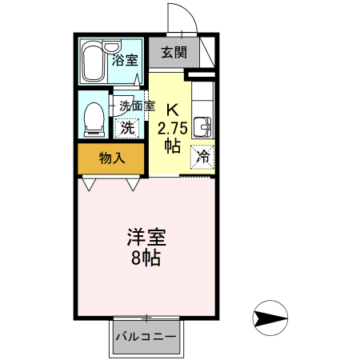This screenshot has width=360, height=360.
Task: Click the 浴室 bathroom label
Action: coord(125,59)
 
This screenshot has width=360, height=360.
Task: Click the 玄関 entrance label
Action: coord(173,53)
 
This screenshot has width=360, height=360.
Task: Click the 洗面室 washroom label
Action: coord(137,105)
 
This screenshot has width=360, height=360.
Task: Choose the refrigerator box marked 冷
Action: coord(203,157)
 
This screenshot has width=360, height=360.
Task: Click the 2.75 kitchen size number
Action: coord(173,128)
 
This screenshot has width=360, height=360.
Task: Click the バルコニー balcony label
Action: coord(146,337)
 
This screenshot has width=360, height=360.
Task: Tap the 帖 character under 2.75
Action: coord(172,146)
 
